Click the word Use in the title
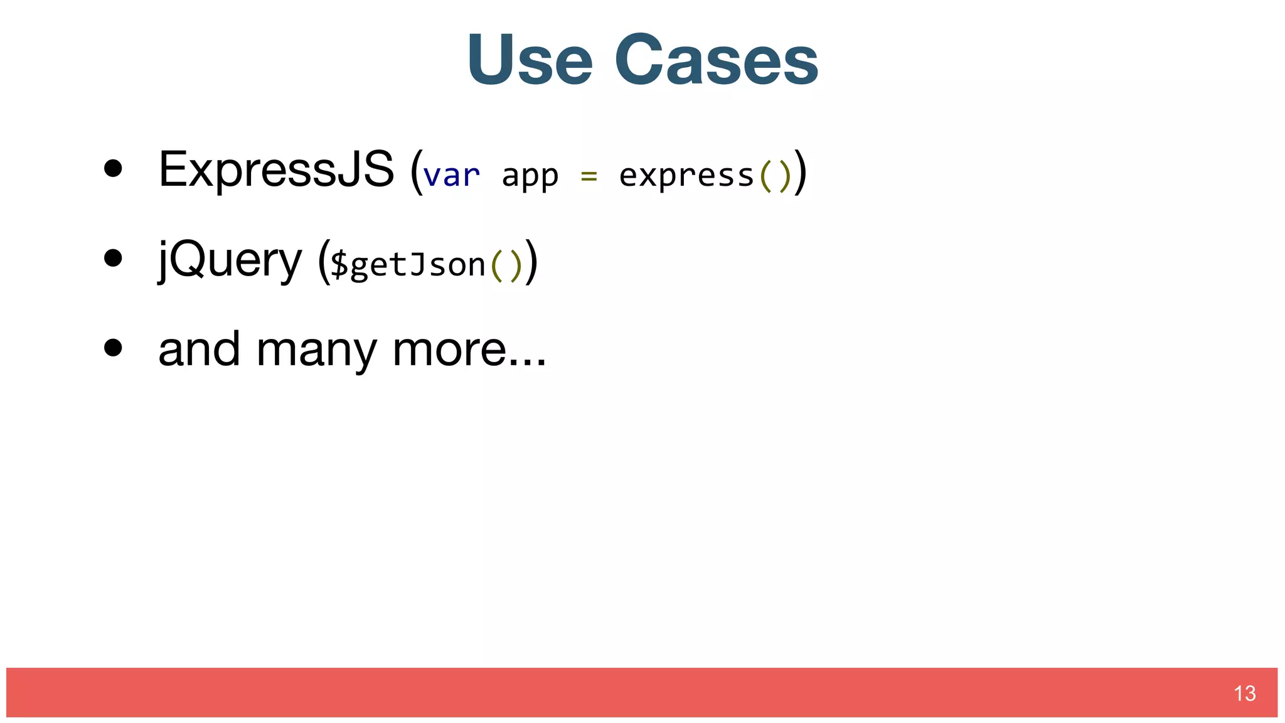click(x=530, y=60)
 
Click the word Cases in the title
click(x=717, y=60)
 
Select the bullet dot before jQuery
click(x=113, y=258)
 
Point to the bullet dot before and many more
click(x=113, y=348)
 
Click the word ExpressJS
click(x=276, y=169)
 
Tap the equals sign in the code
click(x=589, y=176)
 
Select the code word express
click(x=686, y=176)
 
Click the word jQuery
click(x=230, y=260)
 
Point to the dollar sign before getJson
click(x=339, y=264)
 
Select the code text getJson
click(x=418, y=265)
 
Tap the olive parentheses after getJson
click(x=506, y=265)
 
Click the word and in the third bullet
click(x=199, y=350)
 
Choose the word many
click(x=317, y=351)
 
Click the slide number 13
click(x=1244, y=694)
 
